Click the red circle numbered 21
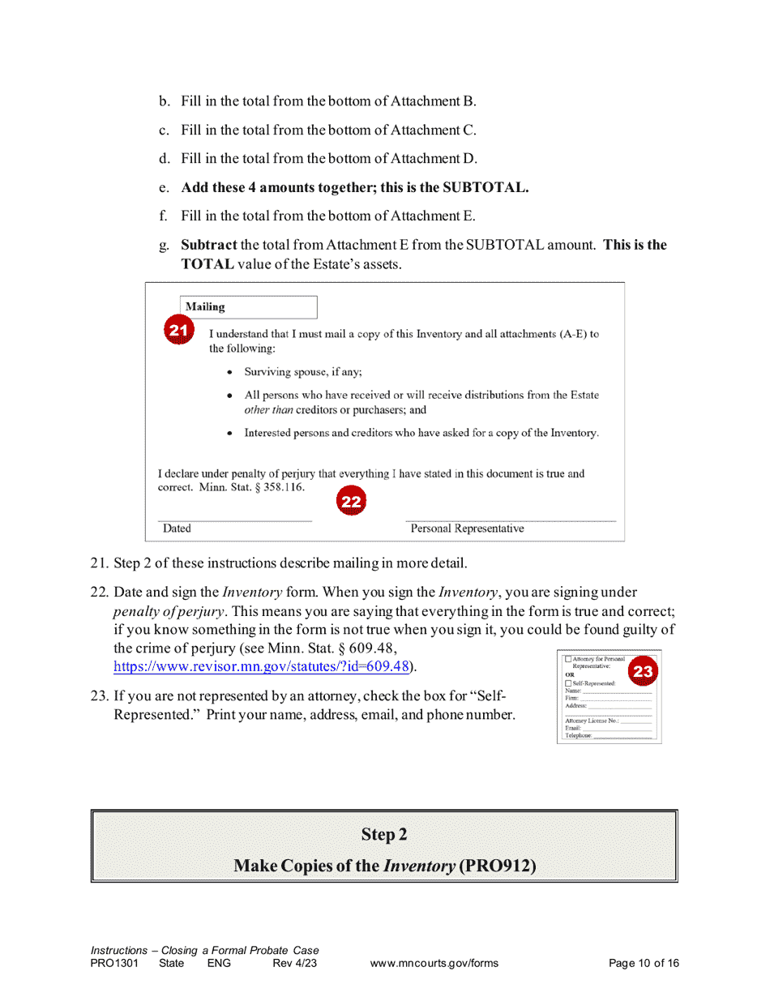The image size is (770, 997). click(178, 329)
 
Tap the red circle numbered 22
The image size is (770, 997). click(351, 502)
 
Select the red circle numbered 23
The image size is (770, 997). click(642, 671)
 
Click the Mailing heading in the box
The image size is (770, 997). click(205, 307)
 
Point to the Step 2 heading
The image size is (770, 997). click(384, 834)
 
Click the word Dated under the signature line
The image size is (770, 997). click(177, 528)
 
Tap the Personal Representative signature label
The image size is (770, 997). click(467, 528)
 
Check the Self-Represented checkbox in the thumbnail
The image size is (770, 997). click(568, 683)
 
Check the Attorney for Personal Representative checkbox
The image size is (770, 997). click(568, 659)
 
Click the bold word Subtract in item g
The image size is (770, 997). click(209, 245)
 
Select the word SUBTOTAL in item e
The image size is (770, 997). click(483, 187)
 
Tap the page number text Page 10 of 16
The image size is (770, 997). click(644, 963)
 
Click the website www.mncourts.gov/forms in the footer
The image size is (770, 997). click(434, 963)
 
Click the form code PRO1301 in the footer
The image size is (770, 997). click(114, 963)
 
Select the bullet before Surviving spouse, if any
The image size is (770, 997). click(231, 373)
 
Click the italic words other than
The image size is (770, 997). click(268, 410)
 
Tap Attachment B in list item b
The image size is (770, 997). click(433, 101)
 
